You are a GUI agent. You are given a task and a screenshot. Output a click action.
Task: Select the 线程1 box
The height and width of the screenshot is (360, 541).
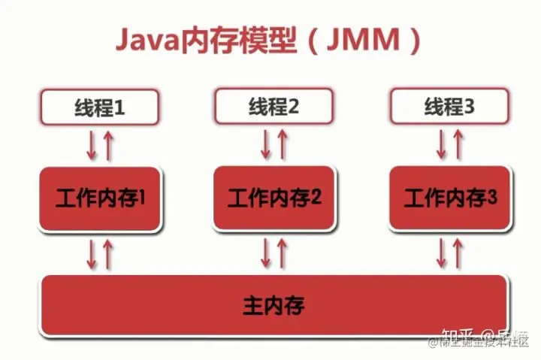pyautogui.click(x=100, y=107)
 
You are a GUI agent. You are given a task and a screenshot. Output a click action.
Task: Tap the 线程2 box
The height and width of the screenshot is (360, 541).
pyautogui.click(x=275, y=106)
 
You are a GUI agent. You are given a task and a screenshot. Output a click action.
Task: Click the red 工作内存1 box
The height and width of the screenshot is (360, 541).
pyautogui.click(x=100, y=198)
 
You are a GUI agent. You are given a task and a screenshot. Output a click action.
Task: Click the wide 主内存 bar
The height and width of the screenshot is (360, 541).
pyautogui.click(x=274, y=305)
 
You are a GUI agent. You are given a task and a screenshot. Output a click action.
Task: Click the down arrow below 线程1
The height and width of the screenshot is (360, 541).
pyautogui.click(x=92, y=145)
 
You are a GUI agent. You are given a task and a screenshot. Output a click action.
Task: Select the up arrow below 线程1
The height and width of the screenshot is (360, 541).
pyautogui.click(x=108, y=145)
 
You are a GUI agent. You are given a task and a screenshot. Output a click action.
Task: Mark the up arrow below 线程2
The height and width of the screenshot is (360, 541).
pyautogui.click(x=283, y=144)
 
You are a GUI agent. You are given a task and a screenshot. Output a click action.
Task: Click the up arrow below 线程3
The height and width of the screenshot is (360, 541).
pyautogui.click(x=458, y=144)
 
